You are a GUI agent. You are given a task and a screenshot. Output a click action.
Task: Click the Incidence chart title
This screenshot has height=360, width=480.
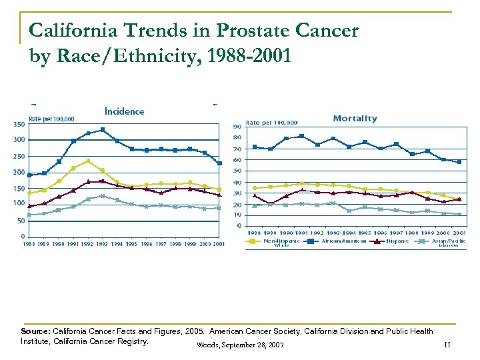tap(124, 111)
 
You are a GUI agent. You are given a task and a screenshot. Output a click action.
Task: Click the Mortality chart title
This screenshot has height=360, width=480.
tap(355, 119)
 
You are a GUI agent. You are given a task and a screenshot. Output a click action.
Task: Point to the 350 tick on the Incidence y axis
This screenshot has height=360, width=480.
tap(19, 125)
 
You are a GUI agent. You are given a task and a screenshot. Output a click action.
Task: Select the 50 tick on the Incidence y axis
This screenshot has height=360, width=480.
tap(21, 220)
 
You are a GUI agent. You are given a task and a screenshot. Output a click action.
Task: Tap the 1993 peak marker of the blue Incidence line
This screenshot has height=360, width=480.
tap(102, 130)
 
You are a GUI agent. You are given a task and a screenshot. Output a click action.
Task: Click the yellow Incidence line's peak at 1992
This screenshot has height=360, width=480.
tap(88, 161)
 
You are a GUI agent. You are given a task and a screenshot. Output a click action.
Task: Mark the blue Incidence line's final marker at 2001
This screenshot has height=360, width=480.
tap(219, 163)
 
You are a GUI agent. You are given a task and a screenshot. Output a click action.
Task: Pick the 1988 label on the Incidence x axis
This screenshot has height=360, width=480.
tap(29, 244)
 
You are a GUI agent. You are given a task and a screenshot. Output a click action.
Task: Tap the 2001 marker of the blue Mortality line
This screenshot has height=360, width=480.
tap(459, 161)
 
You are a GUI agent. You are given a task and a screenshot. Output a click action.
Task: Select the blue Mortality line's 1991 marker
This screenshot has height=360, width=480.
tap(301, 136)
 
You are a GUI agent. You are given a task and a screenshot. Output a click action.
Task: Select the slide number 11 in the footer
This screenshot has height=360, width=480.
tap(447, 344)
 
